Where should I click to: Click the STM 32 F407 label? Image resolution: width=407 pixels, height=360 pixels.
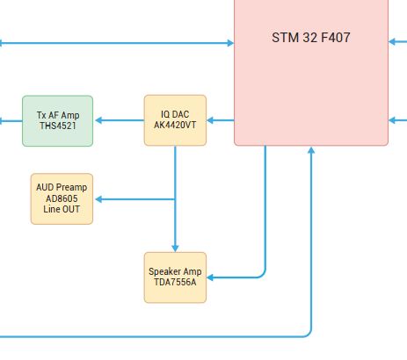pos(311,38)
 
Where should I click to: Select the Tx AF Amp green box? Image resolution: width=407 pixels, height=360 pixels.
pos(58,121)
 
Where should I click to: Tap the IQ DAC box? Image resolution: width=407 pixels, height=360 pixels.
pos(175,120)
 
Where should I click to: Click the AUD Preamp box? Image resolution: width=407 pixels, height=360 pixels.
pos(62,199)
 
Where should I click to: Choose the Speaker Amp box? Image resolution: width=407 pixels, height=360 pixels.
pos(175,277)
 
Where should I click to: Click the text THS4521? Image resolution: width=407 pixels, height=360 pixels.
pos(58,126)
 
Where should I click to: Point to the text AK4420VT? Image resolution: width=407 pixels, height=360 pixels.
pos(175,125)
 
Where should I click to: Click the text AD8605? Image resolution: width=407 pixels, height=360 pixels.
pos(62,198)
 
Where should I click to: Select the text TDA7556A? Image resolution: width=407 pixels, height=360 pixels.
pos(175,282)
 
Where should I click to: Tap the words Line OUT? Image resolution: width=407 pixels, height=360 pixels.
pos(62,209)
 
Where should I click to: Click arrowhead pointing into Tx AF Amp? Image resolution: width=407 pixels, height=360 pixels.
pos(98,120)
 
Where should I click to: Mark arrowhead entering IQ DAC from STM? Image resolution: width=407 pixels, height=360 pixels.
pos(210,120)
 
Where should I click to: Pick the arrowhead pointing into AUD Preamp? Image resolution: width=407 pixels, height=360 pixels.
pos(98,199)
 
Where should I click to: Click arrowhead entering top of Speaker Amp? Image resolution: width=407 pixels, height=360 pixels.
pos(175,248)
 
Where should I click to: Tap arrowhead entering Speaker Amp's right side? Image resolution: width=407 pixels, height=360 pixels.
pos(210,277)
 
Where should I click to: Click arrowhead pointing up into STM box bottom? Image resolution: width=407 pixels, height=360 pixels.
pos(311,150)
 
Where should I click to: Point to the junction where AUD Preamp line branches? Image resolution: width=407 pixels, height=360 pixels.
pos(175,199)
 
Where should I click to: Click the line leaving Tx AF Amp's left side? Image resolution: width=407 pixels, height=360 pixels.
pos(11,120)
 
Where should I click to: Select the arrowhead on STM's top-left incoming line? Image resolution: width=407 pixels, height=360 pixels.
pos(230,43)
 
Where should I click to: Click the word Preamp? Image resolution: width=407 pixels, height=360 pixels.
pos(71,188)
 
